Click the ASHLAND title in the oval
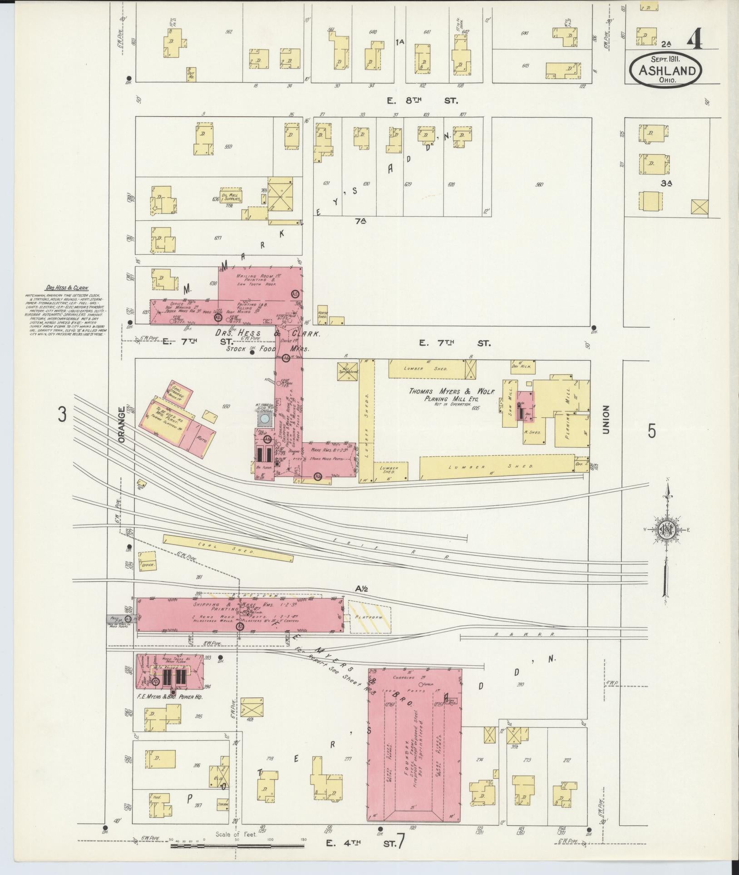click(666, 71)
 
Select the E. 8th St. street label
click(422, 101)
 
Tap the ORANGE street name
click(121, 423)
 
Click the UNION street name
click(606, 420)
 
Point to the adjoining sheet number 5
click(652, 431)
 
